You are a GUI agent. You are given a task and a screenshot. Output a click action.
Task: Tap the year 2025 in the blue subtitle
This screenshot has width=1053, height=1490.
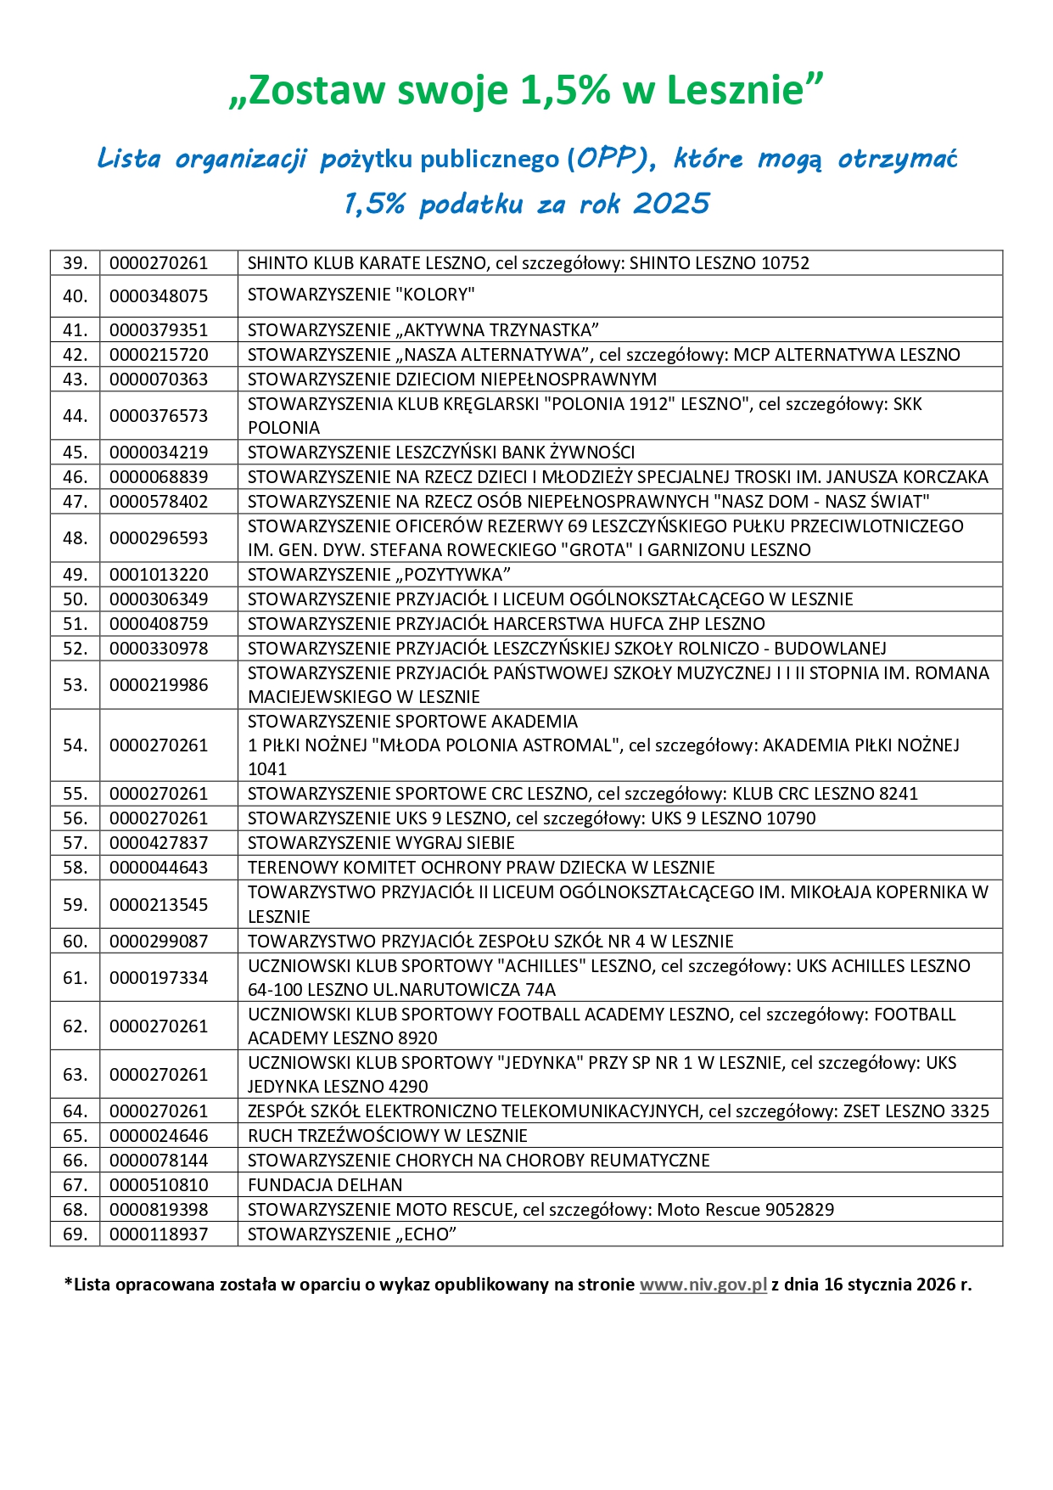[671, 204]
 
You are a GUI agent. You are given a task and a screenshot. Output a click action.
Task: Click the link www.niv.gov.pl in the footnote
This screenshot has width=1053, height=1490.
[703, 1284]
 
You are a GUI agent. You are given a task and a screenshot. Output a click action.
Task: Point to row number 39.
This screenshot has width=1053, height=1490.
[76, 263]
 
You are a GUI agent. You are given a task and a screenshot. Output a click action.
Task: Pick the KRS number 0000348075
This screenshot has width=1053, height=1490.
[159, 296]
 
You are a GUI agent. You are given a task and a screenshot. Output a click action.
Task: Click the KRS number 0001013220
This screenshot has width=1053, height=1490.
[159, 575]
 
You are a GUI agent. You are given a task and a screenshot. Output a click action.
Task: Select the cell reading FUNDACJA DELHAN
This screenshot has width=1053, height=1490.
[325, 1184]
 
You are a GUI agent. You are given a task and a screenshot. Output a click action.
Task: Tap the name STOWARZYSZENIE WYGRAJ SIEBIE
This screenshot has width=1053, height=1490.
[381, 843]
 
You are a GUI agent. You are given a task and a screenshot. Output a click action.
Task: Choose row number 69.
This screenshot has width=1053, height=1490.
[76, 1234]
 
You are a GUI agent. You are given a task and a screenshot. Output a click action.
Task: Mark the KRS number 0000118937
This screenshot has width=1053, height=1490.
[159, 1234]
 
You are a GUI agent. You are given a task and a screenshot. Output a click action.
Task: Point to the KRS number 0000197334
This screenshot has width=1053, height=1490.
[159, 978]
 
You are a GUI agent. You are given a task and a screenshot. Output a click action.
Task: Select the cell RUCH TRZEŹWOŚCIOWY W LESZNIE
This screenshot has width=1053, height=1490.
[387, 1136]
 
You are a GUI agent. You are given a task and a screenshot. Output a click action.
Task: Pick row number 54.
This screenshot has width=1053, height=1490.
[76, 745]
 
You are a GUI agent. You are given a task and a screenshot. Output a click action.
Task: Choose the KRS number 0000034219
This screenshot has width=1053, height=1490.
[159, 453]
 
